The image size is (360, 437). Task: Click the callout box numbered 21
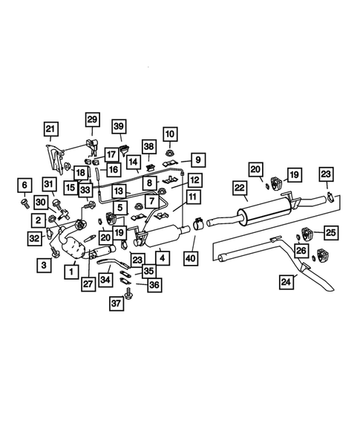51,130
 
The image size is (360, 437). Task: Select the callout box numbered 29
91,119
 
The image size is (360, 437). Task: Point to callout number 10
171,134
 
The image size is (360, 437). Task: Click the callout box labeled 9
198,159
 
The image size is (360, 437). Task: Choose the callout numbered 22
240,189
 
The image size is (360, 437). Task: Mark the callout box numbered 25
330,233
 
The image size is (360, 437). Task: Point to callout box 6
24,185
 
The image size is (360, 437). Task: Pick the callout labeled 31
49,185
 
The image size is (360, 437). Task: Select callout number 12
194,180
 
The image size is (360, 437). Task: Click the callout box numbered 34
107,280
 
